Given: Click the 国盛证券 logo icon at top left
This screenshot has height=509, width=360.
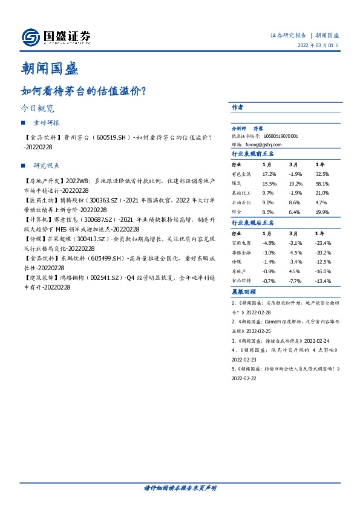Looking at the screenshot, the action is (x=29, y=38).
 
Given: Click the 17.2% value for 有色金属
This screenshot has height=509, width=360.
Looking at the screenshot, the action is (x=269, y=175).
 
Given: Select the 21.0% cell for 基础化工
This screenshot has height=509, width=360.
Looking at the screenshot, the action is (x=322, y=193).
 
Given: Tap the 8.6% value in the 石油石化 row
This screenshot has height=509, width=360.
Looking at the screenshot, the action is (x=295, y=203).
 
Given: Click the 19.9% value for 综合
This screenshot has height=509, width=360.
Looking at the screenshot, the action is (x=322, y=212).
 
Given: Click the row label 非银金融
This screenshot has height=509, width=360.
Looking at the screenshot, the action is (x=241, y=253).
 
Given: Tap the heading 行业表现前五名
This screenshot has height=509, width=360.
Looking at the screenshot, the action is (x=254, y=154).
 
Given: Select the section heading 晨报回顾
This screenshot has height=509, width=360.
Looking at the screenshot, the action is (x=245, y=291).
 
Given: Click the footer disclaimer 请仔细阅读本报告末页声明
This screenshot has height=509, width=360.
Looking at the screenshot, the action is (x=180, y=487).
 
